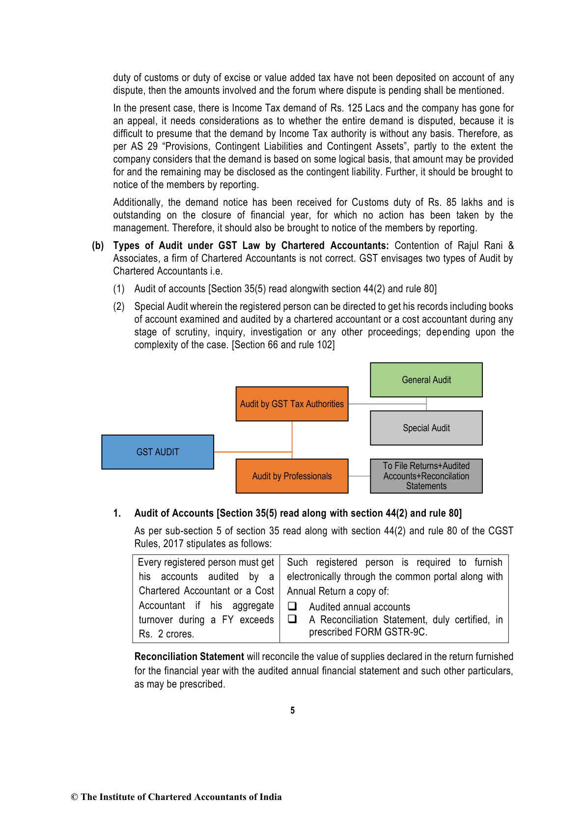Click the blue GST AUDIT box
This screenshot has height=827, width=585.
[158, 452]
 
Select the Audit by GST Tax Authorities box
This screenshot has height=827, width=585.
[292, 404]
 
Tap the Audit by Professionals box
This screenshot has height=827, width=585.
[292, 476]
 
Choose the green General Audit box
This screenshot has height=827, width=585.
[426, 380]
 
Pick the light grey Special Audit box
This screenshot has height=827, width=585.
[426, 428]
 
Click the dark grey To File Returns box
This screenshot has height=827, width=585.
[426, 476]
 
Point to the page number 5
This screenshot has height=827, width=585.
[293, 710]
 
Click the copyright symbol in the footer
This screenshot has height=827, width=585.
[74, 797]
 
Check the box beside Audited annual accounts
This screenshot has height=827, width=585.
[292, 606]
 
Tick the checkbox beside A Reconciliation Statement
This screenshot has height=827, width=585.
[292, 619]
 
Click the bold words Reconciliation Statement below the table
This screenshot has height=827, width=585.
[189, 657]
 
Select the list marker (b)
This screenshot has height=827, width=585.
[98, 246]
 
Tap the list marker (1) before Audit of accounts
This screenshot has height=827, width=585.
[119, 289]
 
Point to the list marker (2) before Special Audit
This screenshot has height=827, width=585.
[119, 306]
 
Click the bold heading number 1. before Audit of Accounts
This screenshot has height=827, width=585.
[117, 513]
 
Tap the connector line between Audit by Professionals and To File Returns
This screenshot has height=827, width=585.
[359, 476]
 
